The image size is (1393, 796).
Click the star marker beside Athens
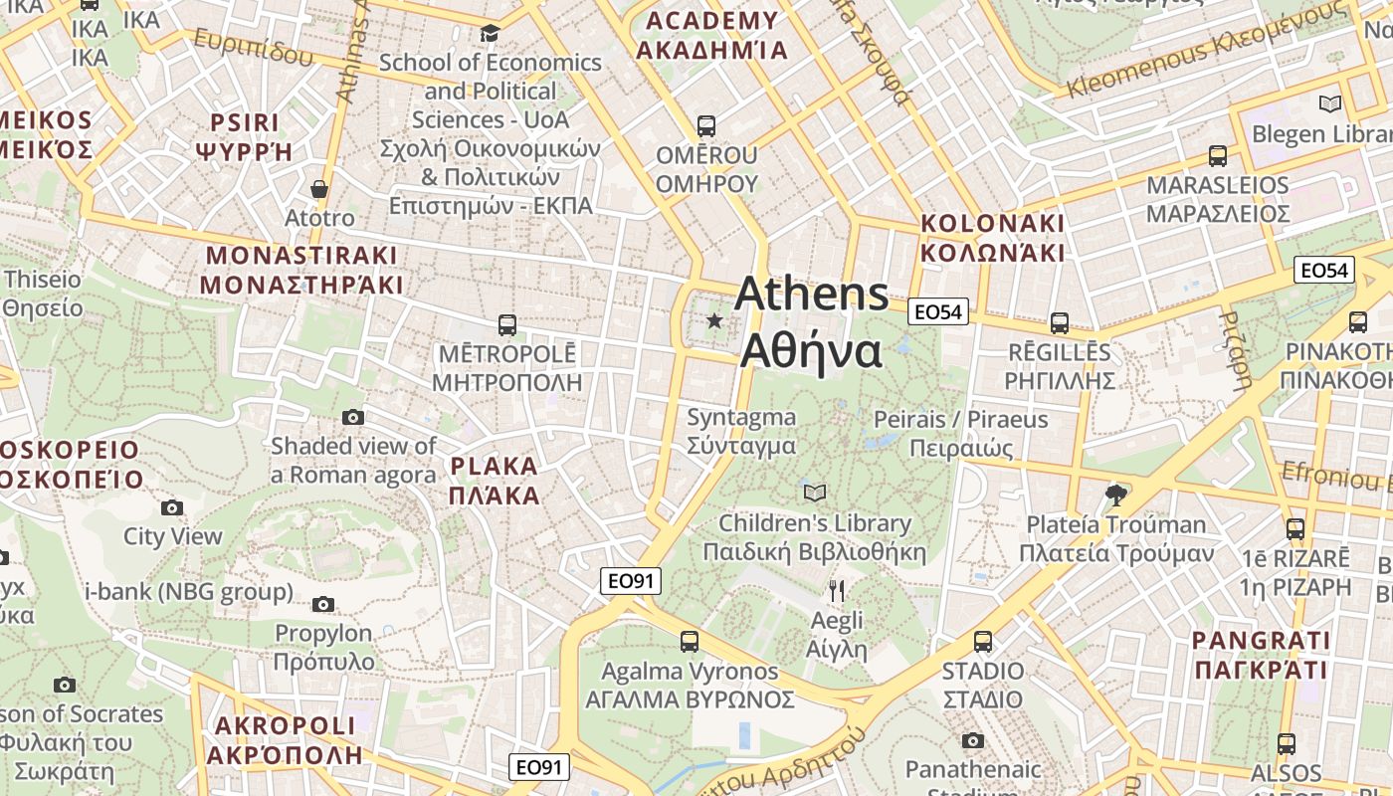point(714,320)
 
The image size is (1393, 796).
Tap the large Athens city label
point(812,322)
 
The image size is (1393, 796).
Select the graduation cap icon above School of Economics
point(490,34)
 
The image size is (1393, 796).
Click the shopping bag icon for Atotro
point(319,189)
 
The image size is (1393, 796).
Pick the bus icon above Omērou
point(706,126)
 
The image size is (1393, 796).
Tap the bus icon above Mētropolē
point(506,324)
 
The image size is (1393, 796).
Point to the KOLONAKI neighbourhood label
point(992,238)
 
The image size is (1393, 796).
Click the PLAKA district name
point(494,481)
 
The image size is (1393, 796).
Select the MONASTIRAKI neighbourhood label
point(301,270)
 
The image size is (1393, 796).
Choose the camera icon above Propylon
point(323,604)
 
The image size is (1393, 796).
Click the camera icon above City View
point(172,508)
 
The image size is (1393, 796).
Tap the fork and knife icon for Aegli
point(837,591)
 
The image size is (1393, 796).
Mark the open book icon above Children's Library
point(815,493)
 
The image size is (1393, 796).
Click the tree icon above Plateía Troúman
point(1116,495)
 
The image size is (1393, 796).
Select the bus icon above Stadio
point(983,642)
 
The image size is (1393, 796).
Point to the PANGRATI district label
point(1261,655)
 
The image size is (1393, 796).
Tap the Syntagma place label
point(741,431)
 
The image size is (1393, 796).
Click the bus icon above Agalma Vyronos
point(690,642)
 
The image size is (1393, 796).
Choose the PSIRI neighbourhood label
point(245,136)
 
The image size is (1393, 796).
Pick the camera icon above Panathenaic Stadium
point(973,740)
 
